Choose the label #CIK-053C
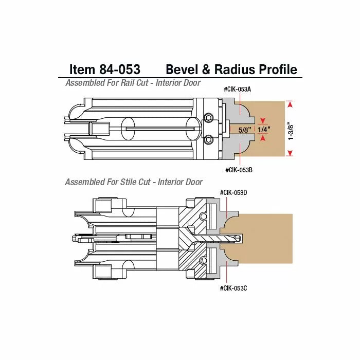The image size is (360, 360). (233, 288)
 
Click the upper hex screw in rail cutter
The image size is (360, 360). (209, 118)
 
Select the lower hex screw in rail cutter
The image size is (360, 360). (209, 138)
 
